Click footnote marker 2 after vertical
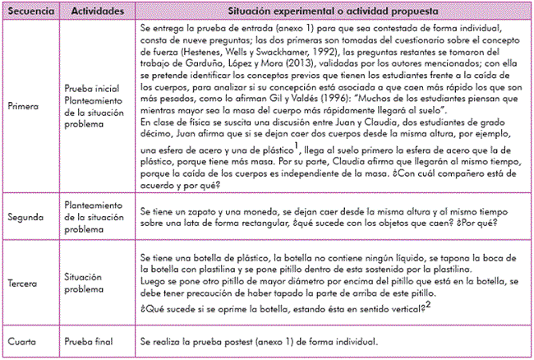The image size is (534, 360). (428, 305)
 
